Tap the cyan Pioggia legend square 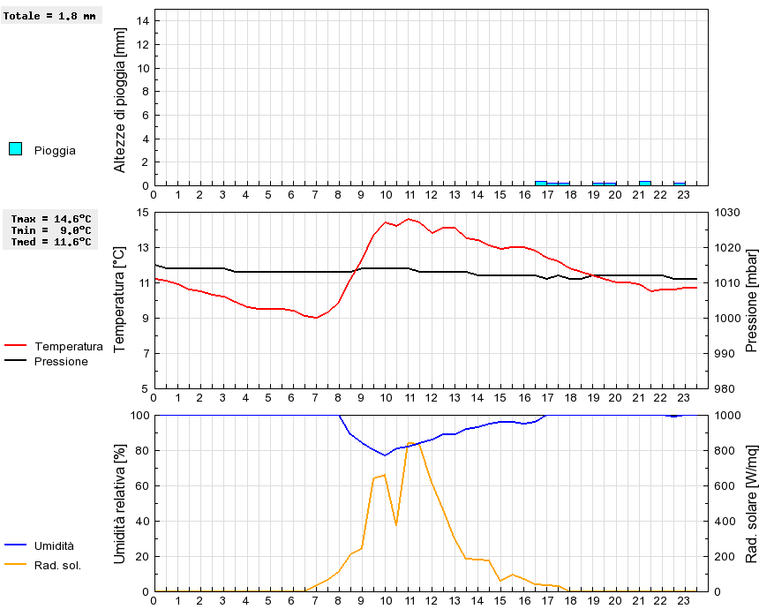(15, 149)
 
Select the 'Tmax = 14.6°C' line (51, 219)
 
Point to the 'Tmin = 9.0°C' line (51, 229)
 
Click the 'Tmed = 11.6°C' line (51, 241)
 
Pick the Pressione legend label (61, 361)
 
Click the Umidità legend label (54, 546)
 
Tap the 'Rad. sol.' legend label (57, 565)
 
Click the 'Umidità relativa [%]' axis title (121, 503)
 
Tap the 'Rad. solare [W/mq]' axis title (752, 503)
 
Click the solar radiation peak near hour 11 (413, 442)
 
